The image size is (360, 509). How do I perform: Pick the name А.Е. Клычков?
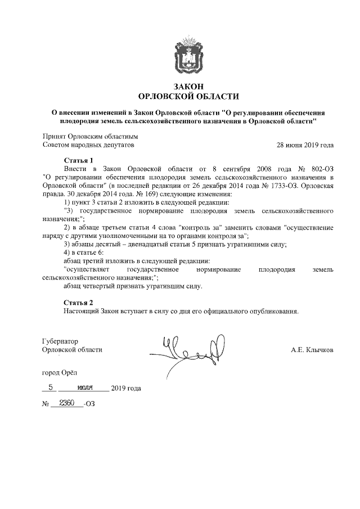tap(312, 350)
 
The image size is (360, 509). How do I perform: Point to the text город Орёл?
tap(61, 372)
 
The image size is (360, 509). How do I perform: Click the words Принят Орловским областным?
tap(91, 136)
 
